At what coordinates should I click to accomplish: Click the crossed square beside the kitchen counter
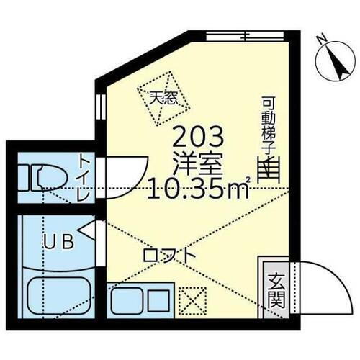192,297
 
